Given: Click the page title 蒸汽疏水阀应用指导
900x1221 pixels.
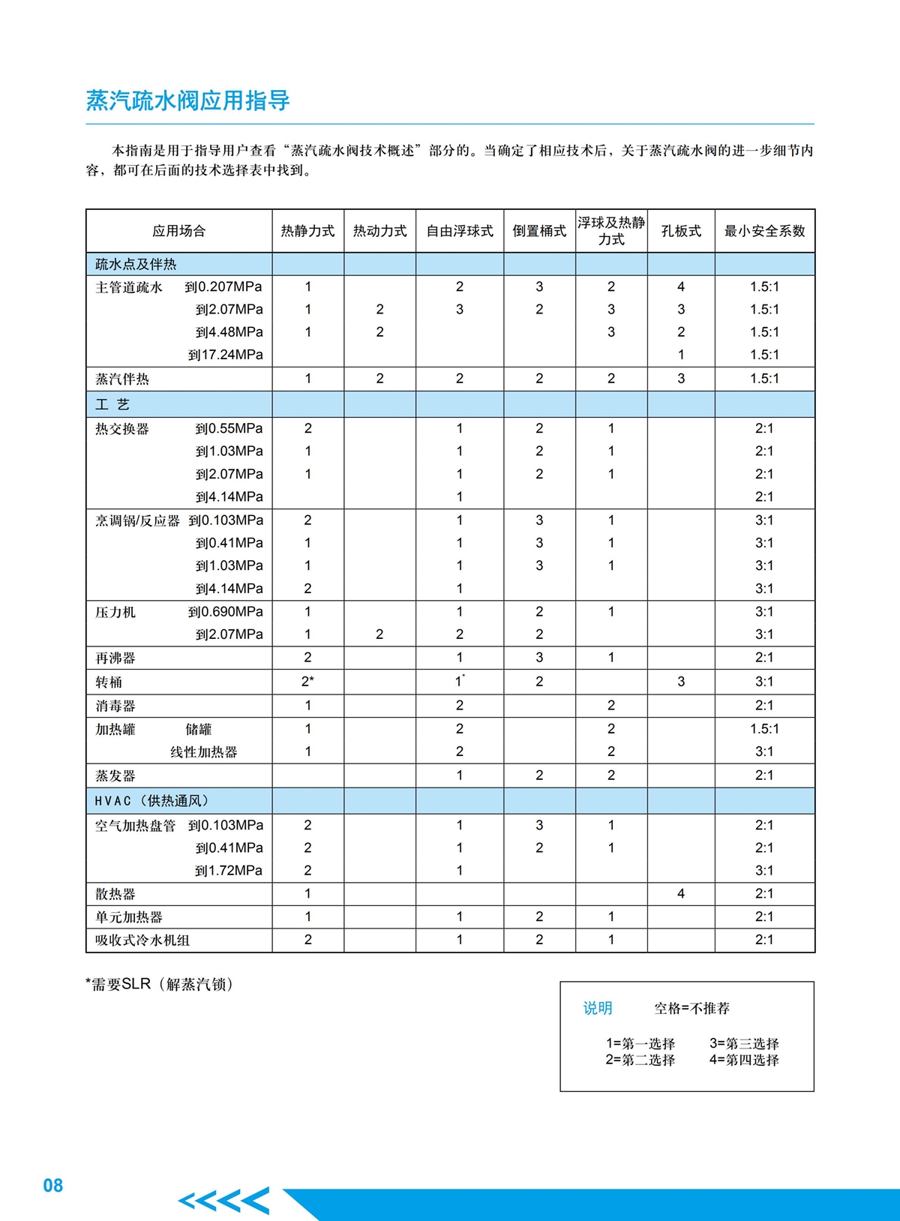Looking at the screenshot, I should pos(187,100).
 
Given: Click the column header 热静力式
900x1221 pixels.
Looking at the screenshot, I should pos(307,231).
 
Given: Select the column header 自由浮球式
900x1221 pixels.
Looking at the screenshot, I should pos(460,231).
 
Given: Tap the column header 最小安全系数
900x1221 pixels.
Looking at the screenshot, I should pos(764,231).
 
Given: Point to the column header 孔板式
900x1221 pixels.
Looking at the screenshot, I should pos(681,231).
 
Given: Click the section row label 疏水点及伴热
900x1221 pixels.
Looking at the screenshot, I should pos(136,264).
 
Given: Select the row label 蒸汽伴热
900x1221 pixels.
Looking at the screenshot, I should pos(122,379).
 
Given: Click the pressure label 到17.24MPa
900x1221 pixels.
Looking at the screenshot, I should pos(226,355).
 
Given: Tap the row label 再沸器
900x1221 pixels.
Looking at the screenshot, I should pos(115,658).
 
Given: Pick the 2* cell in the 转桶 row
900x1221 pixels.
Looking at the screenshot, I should pos(307,682).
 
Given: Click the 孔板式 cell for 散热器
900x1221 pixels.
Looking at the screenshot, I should pos(681,893).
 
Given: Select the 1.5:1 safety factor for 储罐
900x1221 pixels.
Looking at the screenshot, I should pos(764,728).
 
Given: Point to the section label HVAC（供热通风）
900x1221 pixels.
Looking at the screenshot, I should pos(151,801).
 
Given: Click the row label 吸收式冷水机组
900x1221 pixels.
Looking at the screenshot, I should pos(142,940).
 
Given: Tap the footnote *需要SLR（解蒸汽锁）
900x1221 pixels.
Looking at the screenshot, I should pos(159,984).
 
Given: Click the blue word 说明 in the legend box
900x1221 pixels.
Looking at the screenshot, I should pos(598,1008).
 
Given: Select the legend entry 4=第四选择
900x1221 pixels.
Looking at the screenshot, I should pos(744,1060).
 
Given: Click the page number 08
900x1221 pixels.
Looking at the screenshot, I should pos(53,1185).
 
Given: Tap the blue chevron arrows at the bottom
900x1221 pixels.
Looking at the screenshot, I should pos(224,1201).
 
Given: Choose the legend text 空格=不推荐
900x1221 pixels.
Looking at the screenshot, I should pos(691,1008).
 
